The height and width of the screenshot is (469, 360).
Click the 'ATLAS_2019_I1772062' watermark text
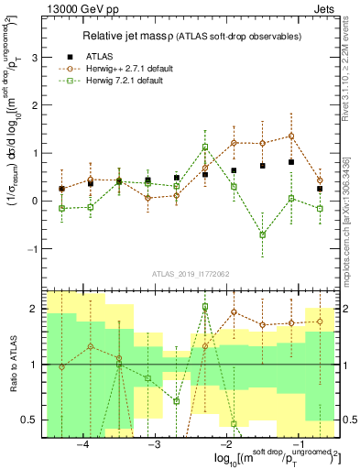point(190,273)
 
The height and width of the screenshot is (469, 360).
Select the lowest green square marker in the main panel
point(262,234)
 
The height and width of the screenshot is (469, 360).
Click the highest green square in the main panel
point(205,147)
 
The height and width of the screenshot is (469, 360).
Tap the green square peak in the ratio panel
point(205,307)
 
